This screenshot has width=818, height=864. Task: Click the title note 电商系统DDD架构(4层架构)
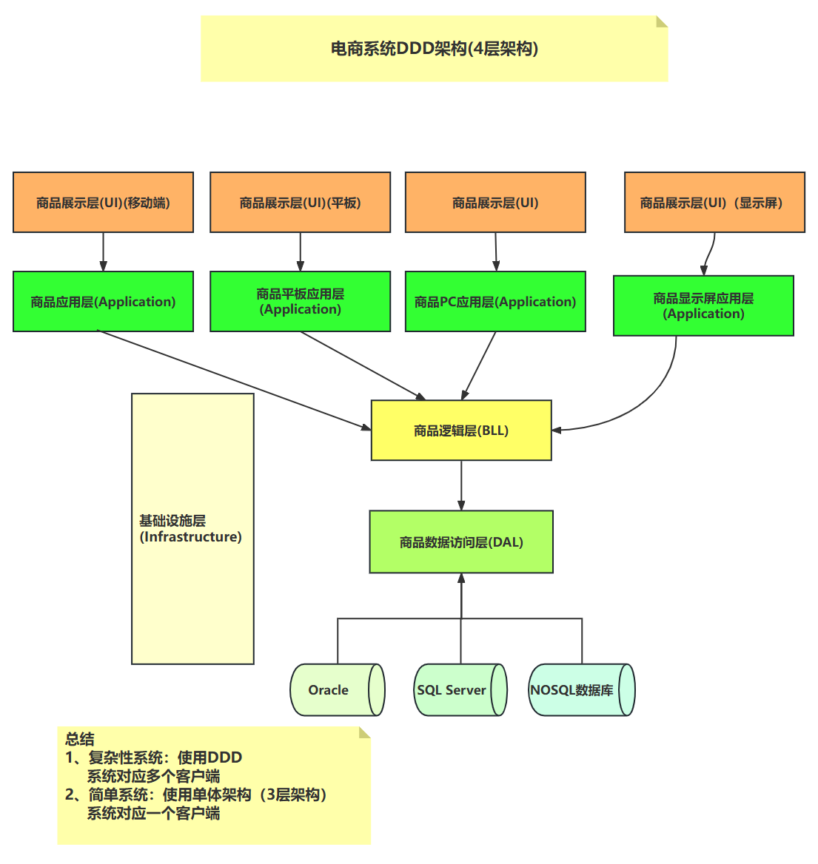[435, 49]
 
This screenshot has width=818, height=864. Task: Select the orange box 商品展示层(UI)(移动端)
[103, 203]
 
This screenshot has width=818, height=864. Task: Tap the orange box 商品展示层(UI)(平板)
[300, 203]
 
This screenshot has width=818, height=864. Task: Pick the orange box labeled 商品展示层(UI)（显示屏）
[714, 203]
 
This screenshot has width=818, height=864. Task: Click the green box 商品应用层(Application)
[103, 302]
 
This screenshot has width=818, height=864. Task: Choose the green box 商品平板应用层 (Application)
[300, 302]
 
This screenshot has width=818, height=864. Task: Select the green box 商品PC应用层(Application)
[495, 302]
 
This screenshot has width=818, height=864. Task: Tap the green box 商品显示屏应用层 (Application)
[703, 306]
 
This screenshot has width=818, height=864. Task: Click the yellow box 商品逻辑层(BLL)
[461, 431]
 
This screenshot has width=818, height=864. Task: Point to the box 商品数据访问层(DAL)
[461, 542]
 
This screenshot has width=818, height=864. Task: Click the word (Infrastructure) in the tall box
[191, 537]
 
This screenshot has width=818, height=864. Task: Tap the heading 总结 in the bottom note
[80, 738]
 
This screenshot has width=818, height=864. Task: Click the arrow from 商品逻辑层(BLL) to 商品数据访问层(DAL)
[461, 485]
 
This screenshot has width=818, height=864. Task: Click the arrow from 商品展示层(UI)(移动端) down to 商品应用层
[103, 252]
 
